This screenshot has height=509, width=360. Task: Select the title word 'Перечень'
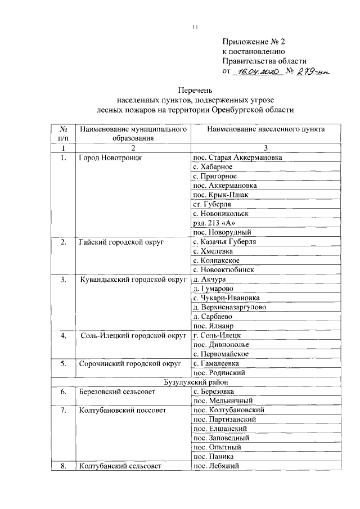pyautogui.click(x=195, y=90)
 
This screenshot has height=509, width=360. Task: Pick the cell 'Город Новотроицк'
pyautogui.click(x=110, y=157)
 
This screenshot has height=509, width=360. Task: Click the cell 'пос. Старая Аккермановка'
pyautogui.click(x=237, y=157)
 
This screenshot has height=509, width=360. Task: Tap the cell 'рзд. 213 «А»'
pyautogui.click(x=213, y=223)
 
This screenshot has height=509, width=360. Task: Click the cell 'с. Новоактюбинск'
pyautogui.click(x=223, y=270)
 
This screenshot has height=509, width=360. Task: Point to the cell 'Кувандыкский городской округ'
pyautogui.click(x=133, y=280)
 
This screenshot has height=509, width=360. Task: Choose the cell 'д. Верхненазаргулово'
pyautogui.click(x=229, y=307)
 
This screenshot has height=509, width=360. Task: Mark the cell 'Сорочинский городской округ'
pyautogui.click(x=130, y=363)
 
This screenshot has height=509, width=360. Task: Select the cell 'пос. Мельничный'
pyautogui.click(x=223, y=400)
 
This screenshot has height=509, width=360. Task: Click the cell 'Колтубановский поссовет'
pyautogui.click(x=123, y=410)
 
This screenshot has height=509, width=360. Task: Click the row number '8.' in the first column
pyautogui.click(x=64, y=466)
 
